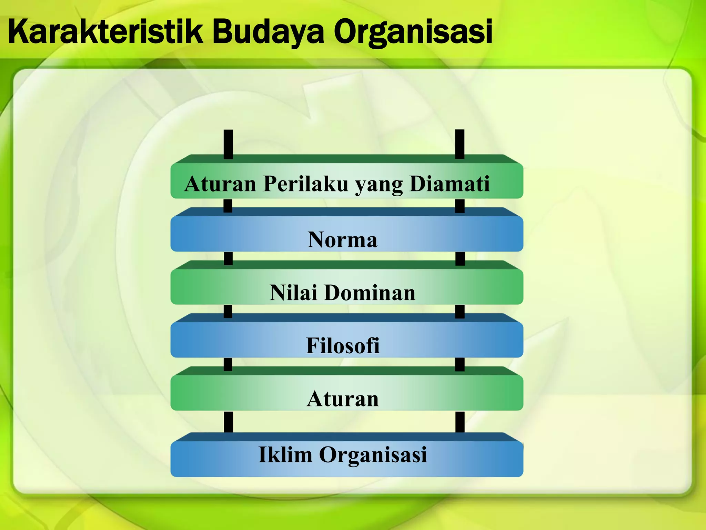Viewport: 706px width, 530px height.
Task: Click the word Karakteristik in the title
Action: click(x=105, y=32)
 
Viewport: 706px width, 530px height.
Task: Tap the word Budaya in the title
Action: click(x=268, y=32)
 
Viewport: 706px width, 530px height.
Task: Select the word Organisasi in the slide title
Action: click(x=413, y=32)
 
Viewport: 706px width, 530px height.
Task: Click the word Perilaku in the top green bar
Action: click(x=306, y=184)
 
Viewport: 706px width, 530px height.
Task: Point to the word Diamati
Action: click(x=450, y=184)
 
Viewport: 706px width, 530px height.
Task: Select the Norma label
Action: click(x=343, y=239)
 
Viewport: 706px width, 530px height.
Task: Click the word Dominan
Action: click(x=370, y=293)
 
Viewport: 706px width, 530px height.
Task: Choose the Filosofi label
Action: click(x=343, y=345)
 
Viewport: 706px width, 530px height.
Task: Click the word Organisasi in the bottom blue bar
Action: click(x=373, y=455)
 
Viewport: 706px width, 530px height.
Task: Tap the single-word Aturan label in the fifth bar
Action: click(x=343, y=399)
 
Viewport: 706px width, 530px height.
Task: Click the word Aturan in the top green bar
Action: click(x=220, y=184)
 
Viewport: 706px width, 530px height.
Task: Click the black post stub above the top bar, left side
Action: click(x=228, y=144)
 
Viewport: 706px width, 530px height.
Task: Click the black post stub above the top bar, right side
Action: click(x=460, y=144)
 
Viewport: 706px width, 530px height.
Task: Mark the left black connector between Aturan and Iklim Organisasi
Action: click(x=228, y=422)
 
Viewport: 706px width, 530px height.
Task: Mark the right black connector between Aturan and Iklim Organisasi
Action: click(x=460, y=422)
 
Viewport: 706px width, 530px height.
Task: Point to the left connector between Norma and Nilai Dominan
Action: click(x=228, y=258)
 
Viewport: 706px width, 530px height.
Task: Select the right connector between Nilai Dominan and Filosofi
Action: click(x=460, y=312)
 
